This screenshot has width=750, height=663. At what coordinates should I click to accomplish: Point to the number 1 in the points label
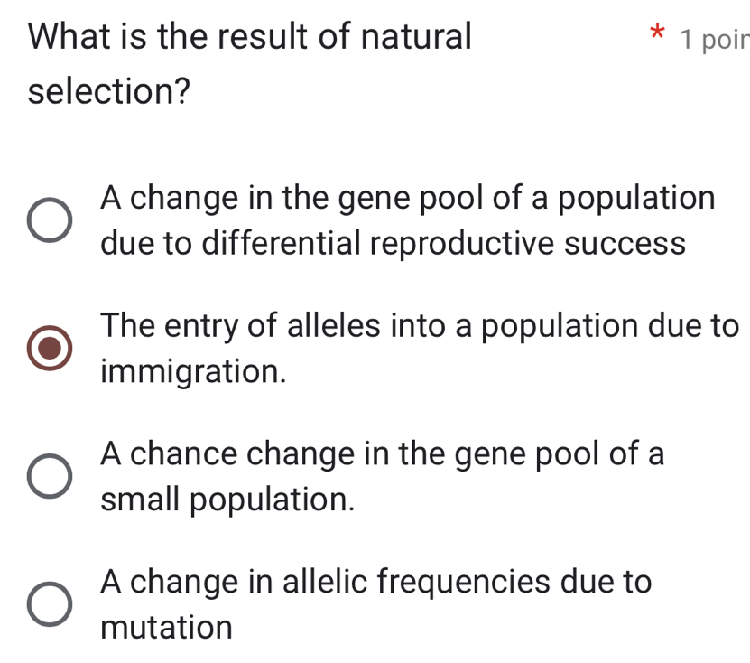pyautogui.click(x=690, y=39)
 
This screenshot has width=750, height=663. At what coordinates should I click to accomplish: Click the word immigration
pyautogui.click(x=195, y=370)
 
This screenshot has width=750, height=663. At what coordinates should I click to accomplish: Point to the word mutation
pyautogui.click(x=167, y=626)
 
